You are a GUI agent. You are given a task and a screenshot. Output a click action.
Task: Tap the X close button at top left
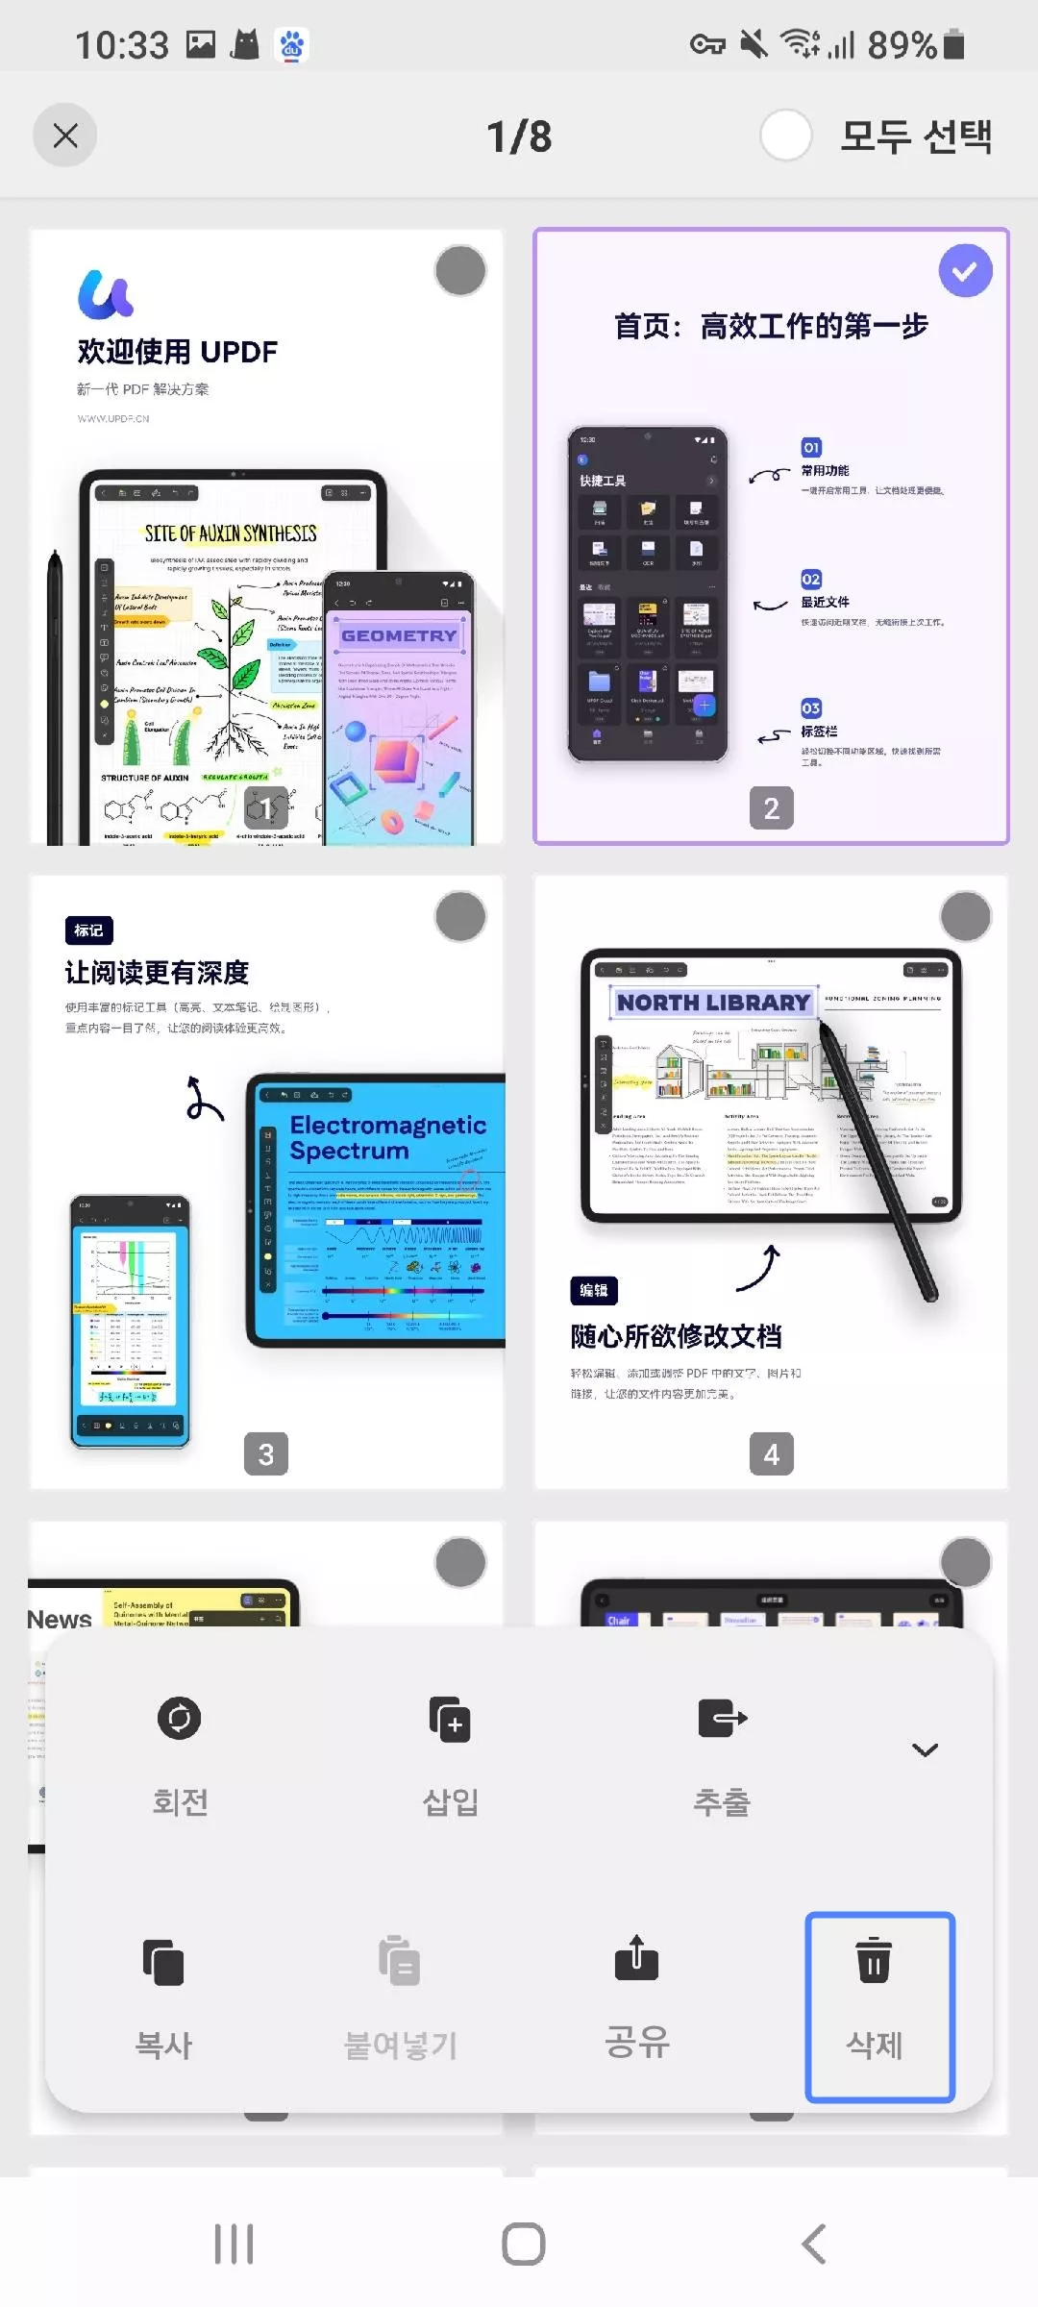[x=65, y=136]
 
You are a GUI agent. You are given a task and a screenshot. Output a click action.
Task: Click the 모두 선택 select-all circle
[x=786, y=136]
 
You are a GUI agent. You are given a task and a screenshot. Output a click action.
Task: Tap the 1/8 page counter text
[x=519, y=136]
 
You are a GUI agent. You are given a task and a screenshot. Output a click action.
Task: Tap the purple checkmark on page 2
[x=965, y=271]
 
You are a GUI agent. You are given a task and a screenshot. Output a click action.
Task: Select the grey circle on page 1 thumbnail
[x=460, y=271]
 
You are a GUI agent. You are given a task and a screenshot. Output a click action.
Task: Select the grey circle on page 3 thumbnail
[x=460, y=917]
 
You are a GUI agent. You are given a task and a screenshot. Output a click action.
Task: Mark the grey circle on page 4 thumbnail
[x=965, y=917]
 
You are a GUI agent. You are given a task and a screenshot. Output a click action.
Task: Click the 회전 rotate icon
[x=180, y=1719]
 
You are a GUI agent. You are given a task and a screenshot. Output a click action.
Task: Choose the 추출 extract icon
[x=722, y=1719]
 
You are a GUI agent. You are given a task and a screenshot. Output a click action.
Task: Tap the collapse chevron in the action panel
[x=925, y=1749]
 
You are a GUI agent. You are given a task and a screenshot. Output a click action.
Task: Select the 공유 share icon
[x=636, y=1959]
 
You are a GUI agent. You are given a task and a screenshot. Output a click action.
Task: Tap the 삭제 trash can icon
[x=874, y=1961]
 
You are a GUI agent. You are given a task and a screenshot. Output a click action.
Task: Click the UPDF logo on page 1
[x=106, y=294]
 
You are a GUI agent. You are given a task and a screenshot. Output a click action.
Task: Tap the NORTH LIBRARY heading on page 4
[x=713, y=1003]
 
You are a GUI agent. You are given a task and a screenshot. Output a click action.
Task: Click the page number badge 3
[x=266, y=1454]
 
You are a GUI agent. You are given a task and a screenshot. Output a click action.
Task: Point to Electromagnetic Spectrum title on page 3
[x=387, y=1138]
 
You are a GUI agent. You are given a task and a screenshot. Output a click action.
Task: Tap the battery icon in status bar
[x=954, y=44]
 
